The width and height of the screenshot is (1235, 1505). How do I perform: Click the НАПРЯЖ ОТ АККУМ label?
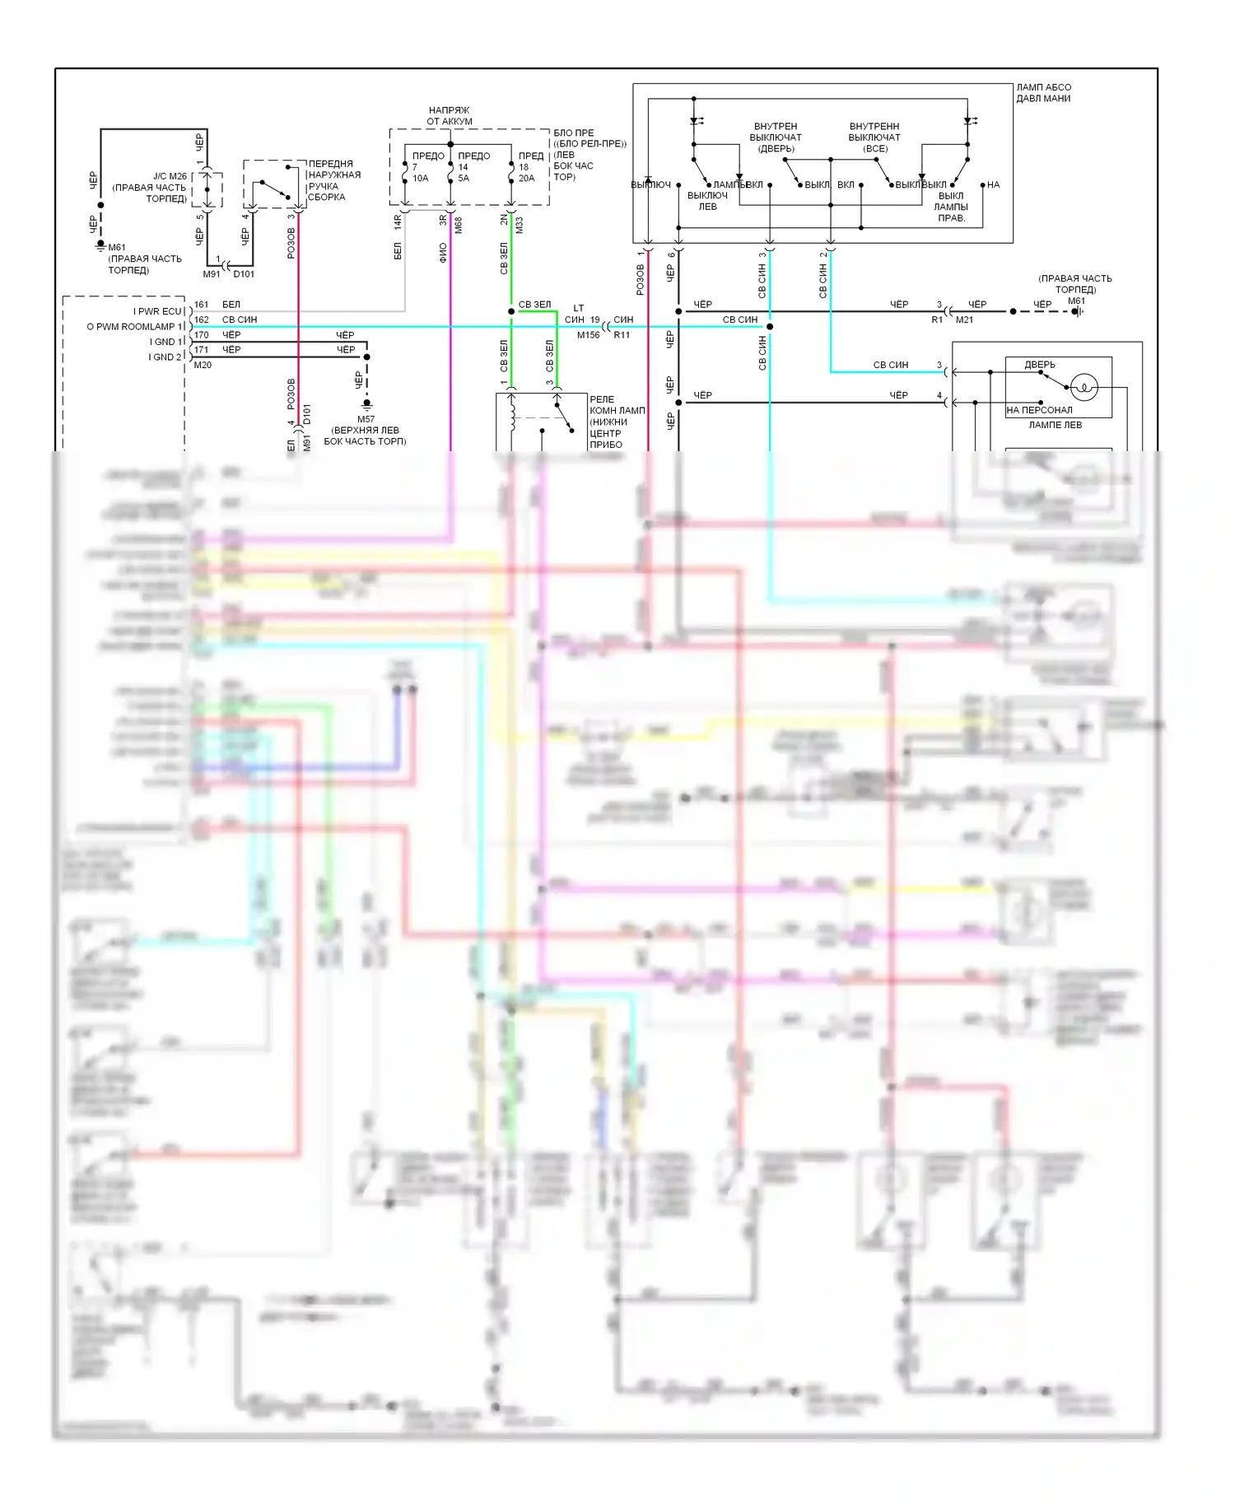[x=450, y=116]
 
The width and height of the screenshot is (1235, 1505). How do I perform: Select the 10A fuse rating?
[x=421, y=179]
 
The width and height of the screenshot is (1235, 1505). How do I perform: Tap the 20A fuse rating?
[x=526, y=179]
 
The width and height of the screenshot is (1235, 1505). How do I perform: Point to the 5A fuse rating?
[x=464, y=179]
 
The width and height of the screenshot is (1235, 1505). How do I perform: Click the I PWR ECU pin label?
[x=159, y=311]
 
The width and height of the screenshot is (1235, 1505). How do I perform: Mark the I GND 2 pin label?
[x=165, y=357]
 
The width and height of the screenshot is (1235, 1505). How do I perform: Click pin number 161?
[x=202, y=305]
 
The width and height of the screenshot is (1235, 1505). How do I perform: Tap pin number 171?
[x=202, y=350]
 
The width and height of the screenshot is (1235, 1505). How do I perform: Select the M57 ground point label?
[x=366, y=419]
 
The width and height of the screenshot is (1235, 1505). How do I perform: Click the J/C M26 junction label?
[x=170, y=176]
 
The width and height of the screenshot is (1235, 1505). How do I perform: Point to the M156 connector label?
[x=589, y=335]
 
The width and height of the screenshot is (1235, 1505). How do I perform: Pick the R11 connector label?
[x=622, y=335]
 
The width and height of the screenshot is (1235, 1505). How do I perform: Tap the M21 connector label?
[x=964, y=319]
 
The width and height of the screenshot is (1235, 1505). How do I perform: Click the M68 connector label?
[x=459, y=225]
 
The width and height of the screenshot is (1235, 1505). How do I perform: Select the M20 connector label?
[x=203, y=365]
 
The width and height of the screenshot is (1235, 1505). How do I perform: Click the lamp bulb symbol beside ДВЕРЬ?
[x=1084, y=387]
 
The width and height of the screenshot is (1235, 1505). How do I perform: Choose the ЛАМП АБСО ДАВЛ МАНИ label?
[x=1043, y=93]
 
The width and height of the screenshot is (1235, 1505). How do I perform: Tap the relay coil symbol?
[x=512, y=413]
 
